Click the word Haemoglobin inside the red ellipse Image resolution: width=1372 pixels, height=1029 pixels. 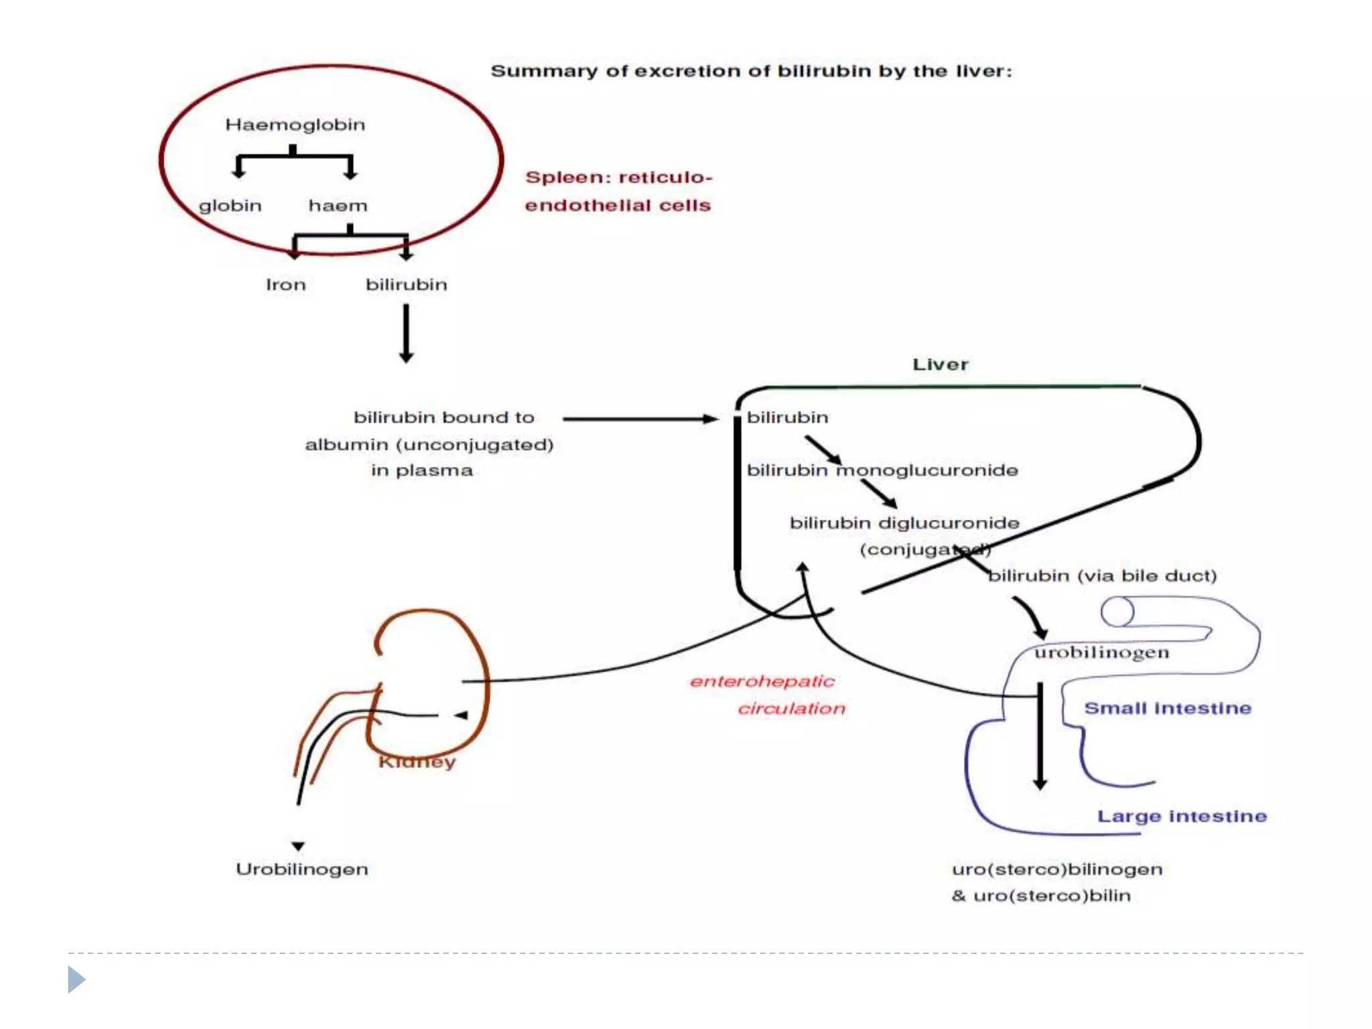tap(295, 125)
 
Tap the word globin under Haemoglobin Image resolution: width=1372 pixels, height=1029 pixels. tap(230, 206)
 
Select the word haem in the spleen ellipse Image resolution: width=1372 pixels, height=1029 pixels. tap(338, 206)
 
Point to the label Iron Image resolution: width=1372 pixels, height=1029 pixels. tap(285, 285)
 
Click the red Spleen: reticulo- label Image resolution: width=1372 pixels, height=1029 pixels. tap(618, 178)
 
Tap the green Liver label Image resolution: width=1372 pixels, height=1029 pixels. tap(940, 364)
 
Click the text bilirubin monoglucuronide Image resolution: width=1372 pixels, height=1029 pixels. tap(882, 470)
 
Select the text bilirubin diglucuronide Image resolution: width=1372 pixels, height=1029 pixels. tap(904, 523)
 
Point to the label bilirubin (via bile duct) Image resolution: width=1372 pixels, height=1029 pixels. tap(1102, 576)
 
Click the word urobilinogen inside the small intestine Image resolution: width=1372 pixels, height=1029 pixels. tap(1101, 653)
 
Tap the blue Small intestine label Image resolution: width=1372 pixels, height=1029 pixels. tap(1167, 708)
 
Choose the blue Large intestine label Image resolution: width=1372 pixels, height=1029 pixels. tap(1181, 816)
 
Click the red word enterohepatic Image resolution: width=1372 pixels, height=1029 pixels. tap(762, 681)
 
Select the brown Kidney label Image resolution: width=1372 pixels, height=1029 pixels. tap(417, 762)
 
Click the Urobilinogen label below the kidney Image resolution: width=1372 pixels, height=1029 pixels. tap(301, 869)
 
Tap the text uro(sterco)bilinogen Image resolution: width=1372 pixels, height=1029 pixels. tap(1056, 869)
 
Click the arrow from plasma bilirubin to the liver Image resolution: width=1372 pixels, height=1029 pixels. tap(640, 419)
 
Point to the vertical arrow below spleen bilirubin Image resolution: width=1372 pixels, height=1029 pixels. tap(406, 333)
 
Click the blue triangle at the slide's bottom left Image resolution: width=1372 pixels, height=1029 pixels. tap(76, 979)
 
